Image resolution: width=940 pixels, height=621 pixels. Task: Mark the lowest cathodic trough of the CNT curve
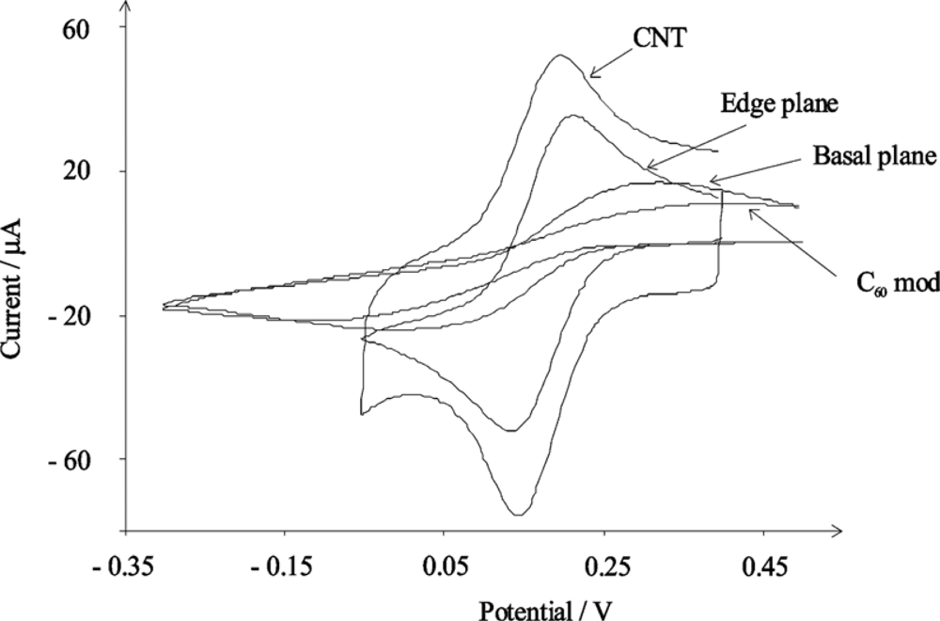[x=518, y=515]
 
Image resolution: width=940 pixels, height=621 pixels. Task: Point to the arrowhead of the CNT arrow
[x=589, y=75]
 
